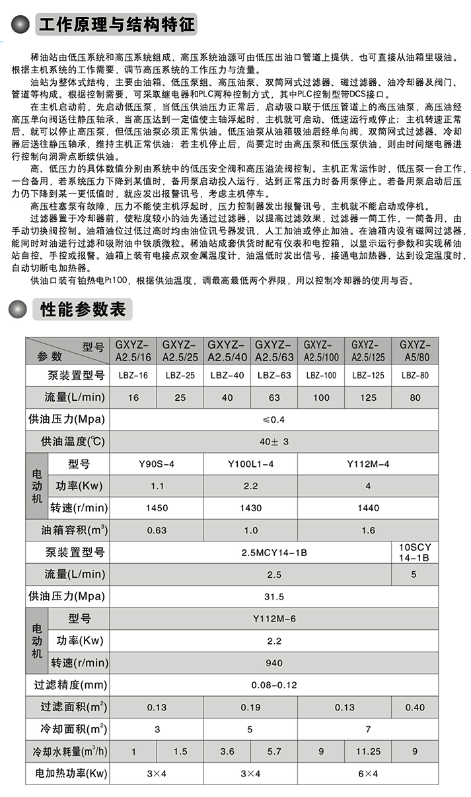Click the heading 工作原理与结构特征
pos(117,26)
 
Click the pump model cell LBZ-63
pos(274,376)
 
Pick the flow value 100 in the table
pos(321,398)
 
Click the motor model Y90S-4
pos(157,464)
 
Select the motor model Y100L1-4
pos(250,464)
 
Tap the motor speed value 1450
pos(157,508)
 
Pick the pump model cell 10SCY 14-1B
pos(414,552)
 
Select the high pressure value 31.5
pos(273,597)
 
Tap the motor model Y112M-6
pos(273,619)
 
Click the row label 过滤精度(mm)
pos(67,685)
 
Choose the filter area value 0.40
pos(414,707)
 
